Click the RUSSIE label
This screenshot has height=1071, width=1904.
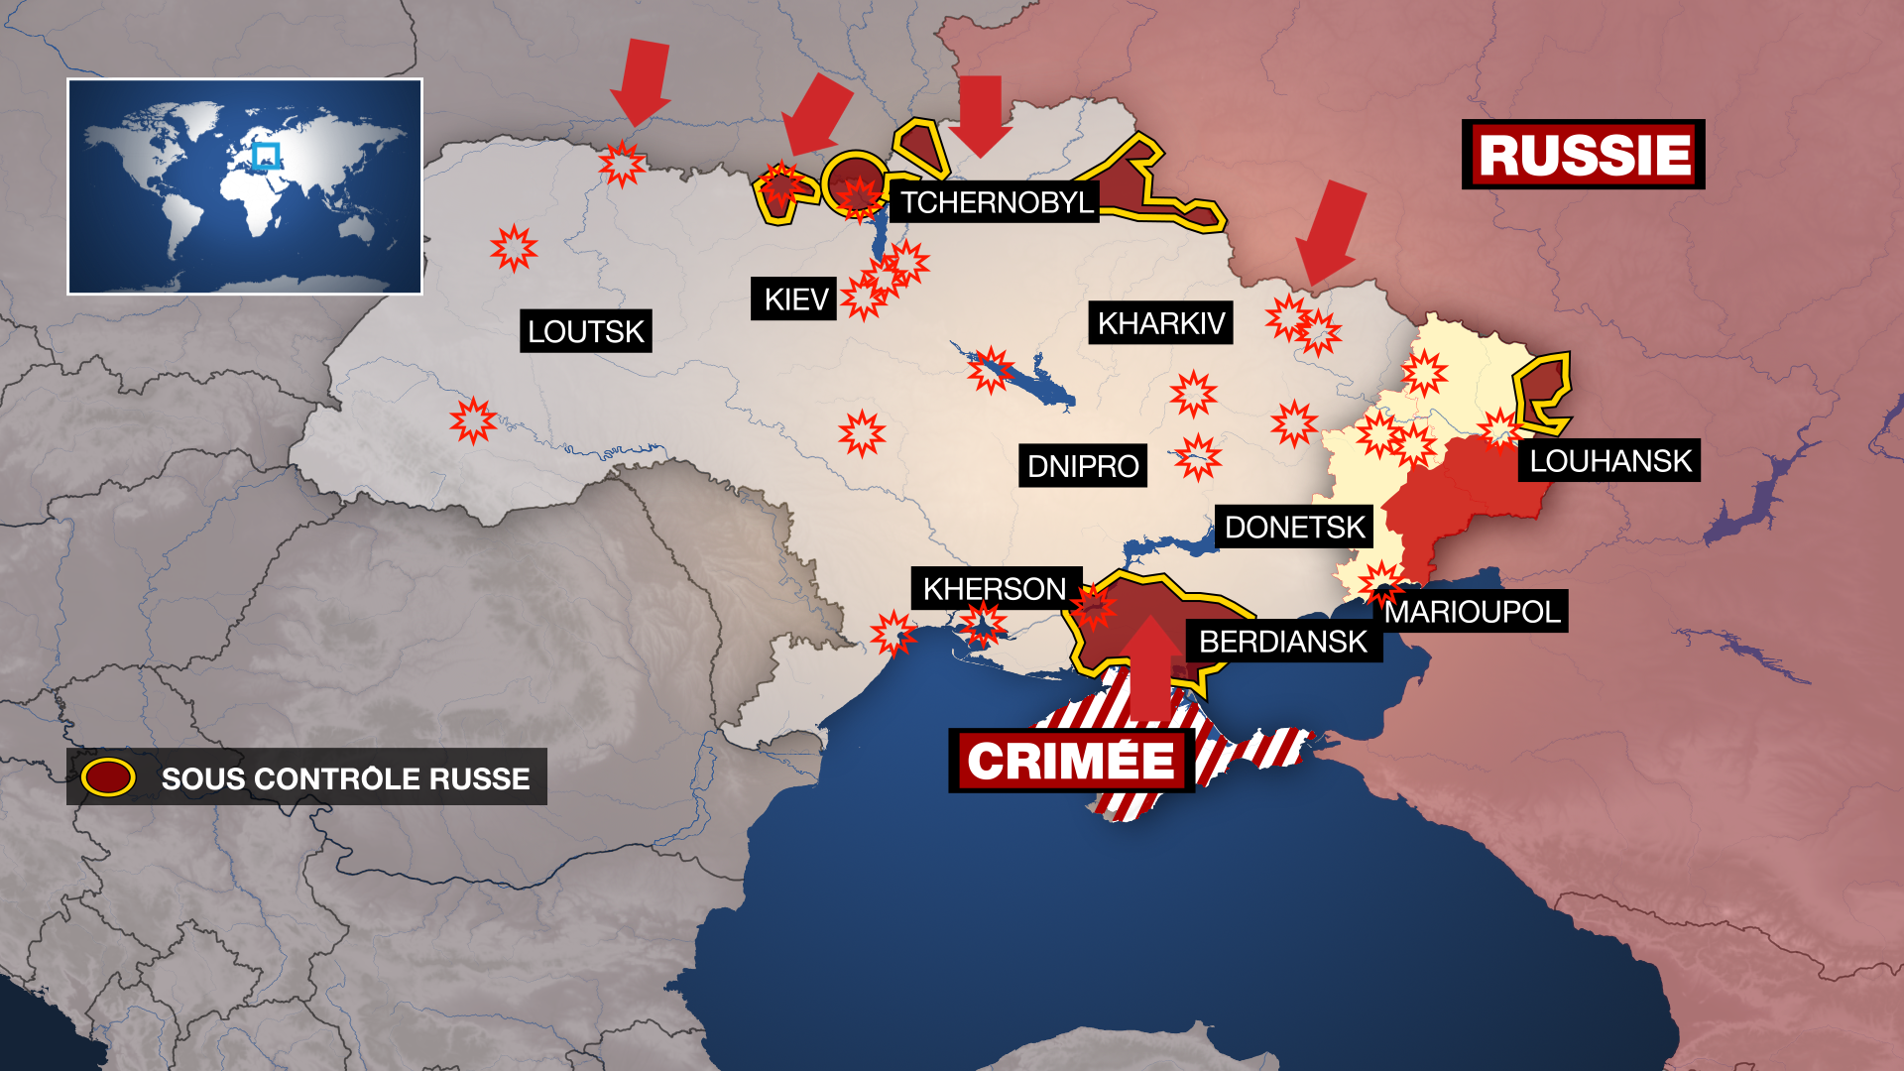1583,155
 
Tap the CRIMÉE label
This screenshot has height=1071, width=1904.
1071,762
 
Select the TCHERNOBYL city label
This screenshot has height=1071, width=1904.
996,202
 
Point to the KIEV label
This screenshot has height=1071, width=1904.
794,298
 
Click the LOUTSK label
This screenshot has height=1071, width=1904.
585,331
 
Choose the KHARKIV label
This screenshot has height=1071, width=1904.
1160,323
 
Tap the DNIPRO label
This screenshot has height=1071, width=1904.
1082,466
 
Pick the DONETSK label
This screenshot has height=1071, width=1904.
1294,527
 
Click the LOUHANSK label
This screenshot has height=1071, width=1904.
1609,461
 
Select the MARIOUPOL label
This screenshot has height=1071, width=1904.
1472,612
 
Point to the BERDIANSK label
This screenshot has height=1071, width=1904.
1282,642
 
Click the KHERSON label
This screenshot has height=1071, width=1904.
994,589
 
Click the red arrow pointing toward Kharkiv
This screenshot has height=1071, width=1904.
1331,233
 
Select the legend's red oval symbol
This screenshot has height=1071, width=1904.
108,777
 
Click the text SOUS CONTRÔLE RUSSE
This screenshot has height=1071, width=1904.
345,778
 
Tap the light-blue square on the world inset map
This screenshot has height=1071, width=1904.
266,157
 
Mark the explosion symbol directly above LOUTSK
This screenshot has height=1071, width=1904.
514,248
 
